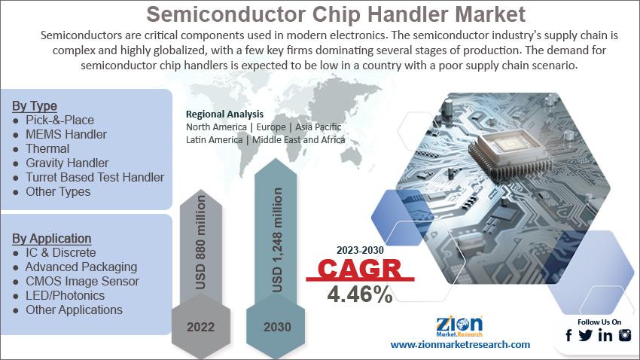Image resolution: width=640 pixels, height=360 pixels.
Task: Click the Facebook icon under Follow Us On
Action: click(x=568, y=335)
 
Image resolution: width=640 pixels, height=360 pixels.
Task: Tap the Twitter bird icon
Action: click(x=585, y=335)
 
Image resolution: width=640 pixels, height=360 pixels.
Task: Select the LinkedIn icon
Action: click(x=605, y=335)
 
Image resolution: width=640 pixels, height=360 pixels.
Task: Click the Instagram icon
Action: click(x=625, y=335)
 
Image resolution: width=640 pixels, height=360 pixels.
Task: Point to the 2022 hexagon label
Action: click(x=200, y=327)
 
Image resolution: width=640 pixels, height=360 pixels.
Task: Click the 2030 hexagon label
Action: click(x=277, y=327)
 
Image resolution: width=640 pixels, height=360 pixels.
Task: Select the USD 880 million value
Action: click(x=200, y=242)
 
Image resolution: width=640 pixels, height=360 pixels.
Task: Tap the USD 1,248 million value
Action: click(x=277, y=240)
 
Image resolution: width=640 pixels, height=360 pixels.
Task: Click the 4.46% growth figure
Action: click(x=360, y=294)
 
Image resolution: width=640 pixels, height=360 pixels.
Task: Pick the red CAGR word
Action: click(x=360, y=269)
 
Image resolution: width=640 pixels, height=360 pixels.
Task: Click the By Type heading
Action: click(x=35, y=106)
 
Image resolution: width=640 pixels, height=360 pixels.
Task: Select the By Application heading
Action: click(x=51, y=238)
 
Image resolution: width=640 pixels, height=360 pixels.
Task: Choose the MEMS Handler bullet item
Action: click(x=66, y=134)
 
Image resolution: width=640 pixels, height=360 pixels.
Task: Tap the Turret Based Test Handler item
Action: click(x=95, y=177)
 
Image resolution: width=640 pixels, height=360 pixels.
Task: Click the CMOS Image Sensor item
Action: click(x=82, y=281)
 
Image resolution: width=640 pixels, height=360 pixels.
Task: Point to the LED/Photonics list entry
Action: click(x=65, y=295)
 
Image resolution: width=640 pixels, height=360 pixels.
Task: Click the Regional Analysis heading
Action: click(x=224, y=114)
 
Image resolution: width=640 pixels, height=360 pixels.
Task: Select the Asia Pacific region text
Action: click(x=318, y=127)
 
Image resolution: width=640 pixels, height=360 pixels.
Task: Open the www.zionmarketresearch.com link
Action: click(x=460, y=344)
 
